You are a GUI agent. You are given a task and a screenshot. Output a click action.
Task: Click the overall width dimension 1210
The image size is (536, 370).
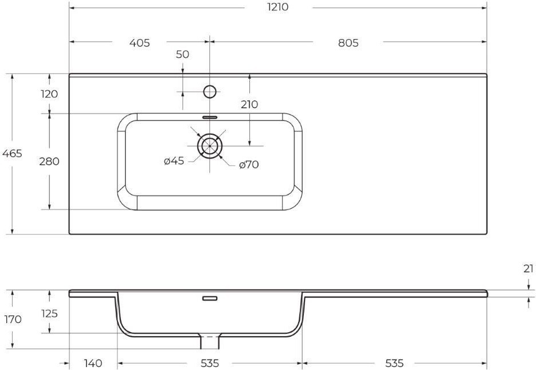point(277,7)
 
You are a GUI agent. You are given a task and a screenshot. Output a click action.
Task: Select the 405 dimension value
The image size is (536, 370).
point(139,43)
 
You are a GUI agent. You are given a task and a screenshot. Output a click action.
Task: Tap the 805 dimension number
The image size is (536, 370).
point(348,43)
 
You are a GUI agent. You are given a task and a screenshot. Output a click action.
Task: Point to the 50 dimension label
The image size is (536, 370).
point(182,54)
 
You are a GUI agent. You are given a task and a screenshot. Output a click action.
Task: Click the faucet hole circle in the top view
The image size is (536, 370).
point(210,92)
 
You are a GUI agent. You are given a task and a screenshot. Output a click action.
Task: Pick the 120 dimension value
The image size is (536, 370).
point(49,94)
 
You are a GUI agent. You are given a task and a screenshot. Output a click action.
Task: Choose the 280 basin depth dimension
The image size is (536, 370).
point(49,161)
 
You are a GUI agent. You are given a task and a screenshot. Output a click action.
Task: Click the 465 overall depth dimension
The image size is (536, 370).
point(12,154)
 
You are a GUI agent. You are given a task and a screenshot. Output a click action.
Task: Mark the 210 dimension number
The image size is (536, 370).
point(249,104)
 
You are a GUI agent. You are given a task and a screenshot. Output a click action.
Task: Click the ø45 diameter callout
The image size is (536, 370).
point(174,161)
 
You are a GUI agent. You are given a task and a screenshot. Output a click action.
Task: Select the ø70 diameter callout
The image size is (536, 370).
point(249,165)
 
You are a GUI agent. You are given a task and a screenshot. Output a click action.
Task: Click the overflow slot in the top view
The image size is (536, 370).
point(210,117)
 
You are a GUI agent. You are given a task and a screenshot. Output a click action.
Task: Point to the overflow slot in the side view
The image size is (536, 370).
point(210,298)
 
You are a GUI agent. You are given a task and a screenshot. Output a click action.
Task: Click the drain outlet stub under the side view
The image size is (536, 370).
point(210,342)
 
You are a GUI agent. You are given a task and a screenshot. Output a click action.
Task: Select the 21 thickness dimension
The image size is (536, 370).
point(529,269)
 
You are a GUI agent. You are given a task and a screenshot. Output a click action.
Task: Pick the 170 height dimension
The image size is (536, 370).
point(13,320)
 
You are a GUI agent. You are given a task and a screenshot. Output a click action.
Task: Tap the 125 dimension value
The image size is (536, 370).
point(49,313)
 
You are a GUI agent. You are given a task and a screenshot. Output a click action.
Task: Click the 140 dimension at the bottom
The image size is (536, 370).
point(93,363)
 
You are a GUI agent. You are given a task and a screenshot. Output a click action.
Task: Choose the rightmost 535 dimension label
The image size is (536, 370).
point(394,363)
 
